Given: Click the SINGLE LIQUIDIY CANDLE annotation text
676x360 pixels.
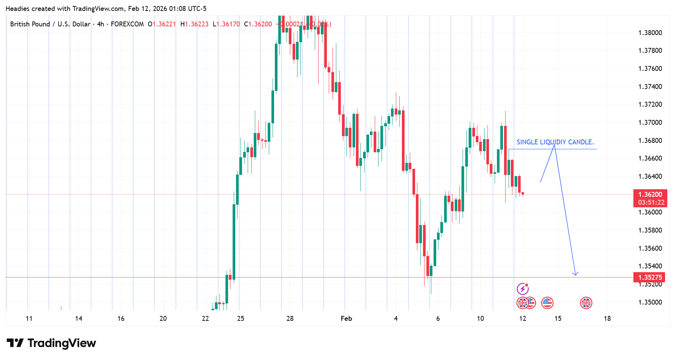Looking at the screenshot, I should click(555, 142).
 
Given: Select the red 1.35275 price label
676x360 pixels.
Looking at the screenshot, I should click(650, 277).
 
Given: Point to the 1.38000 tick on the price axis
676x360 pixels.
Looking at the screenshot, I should click(650, 33).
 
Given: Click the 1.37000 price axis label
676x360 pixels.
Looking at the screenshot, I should click(650, 123).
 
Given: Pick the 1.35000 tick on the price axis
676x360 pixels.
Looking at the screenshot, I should click(650, 302).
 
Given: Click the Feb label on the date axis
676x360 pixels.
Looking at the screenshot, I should click(346, 319).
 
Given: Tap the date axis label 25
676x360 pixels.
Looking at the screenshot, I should click(241, 319).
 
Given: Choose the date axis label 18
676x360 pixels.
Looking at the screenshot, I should click(607, 319).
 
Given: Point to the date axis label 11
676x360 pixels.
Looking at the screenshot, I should click(29, 319).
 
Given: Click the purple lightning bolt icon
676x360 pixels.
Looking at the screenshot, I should click(523, 289).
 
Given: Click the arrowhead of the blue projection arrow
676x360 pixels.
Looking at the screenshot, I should click(575, 274).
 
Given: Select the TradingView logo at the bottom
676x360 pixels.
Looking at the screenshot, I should click(52, 343).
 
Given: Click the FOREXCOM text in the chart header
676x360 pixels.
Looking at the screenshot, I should click(127, 24).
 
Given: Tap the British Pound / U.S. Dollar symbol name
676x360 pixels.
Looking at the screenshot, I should click(50, 24).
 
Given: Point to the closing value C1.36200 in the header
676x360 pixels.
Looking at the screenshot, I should click(258, 24).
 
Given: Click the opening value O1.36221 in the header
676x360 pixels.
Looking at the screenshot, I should click(162, 24).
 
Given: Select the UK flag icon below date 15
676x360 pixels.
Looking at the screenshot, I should click(586, 303).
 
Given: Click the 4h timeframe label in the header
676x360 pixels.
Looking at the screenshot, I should click(100, 24).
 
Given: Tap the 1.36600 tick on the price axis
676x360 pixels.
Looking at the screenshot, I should click(650, 158).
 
